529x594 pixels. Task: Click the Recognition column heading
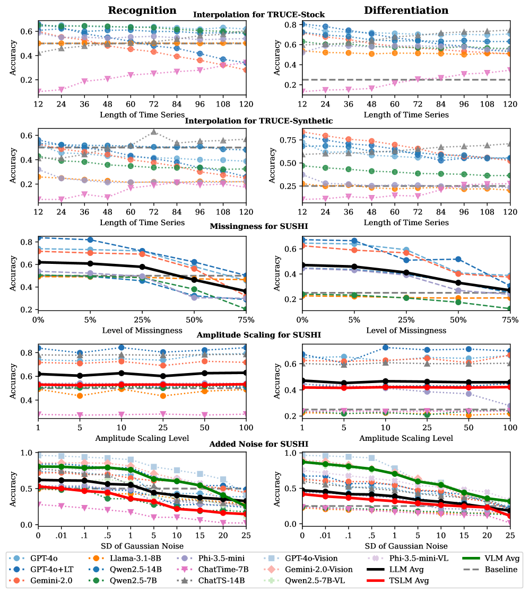[x=142, y=10]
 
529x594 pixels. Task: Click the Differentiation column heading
[x=406, y=10]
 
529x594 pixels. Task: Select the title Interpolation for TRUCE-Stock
[x=259, y=15]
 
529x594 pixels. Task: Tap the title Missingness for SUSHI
[x=258, y=226]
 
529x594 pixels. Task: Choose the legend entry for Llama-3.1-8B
[x=123, y=558]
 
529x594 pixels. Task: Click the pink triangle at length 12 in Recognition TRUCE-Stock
[x=38, y=92]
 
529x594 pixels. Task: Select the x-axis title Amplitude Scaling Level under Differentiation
[x=406, y=438]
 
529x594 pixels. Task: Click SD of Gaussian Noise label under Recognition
[x=142, y=545]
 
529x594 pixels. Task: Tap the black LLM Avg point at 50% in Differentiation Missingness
[x=458, y=283]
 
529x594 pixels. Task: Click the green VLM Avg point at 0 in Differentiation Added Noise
[x=302, y=462]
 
